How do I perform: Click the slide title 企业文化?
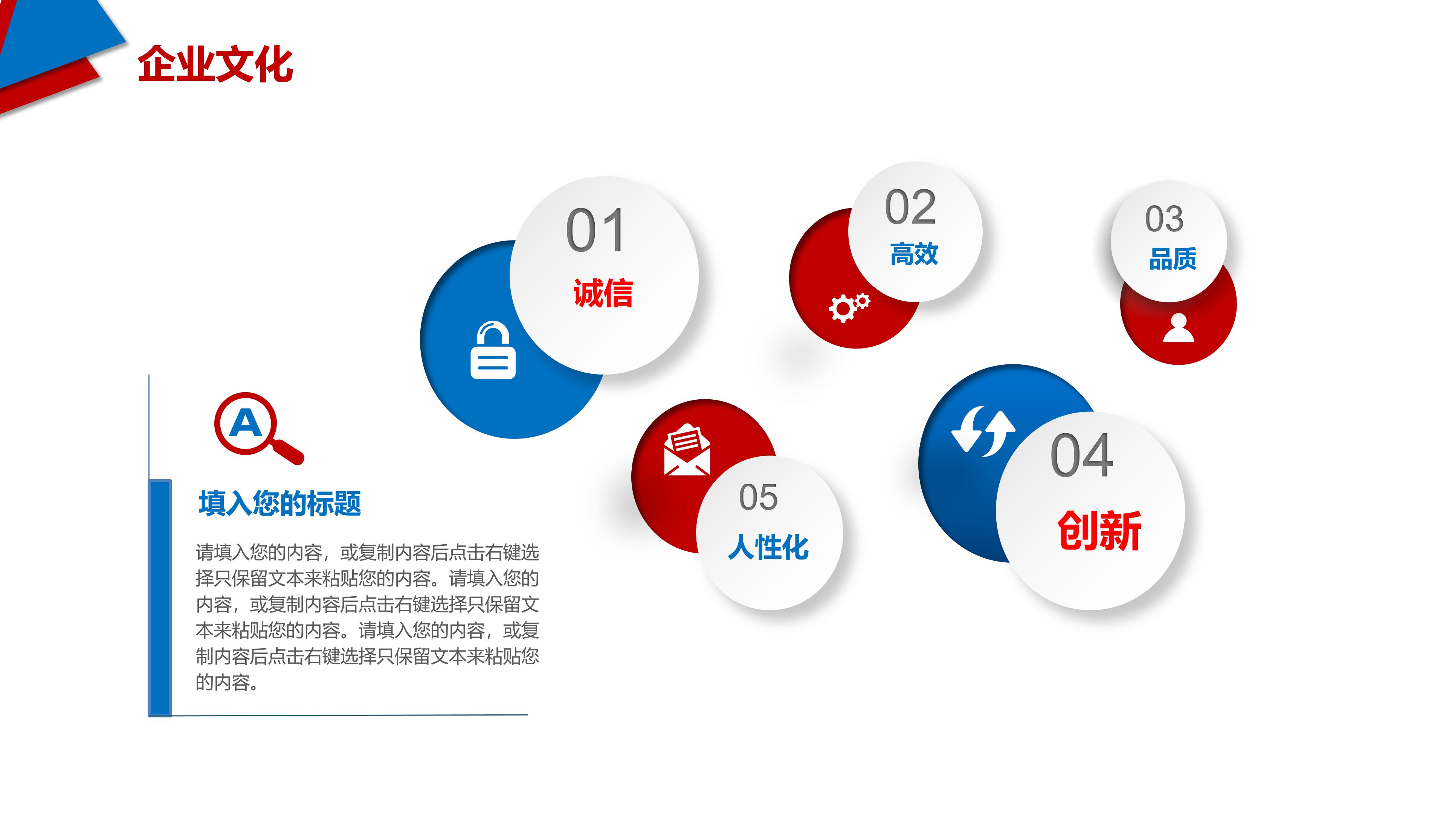(215, 64)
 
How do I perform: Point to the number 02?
(910, 207)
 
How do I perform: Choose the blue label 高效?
(914, 254)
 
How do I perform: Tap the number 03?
(1164, 218)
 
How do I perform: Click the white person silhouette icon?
(1178, 328)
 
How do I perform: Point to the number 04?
(1082, 455)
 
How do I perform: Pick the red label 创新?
(1099, 530)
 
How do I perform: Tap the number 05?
(758, 497)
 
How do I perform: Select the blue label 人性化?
(768, 547)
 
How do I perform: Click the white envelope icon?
(687, 450)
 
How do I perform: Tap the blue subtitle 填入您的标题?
(279, 503)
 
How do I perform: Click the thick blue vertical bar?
(159, 598)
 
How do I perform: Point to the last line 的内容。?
(227, 682)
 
